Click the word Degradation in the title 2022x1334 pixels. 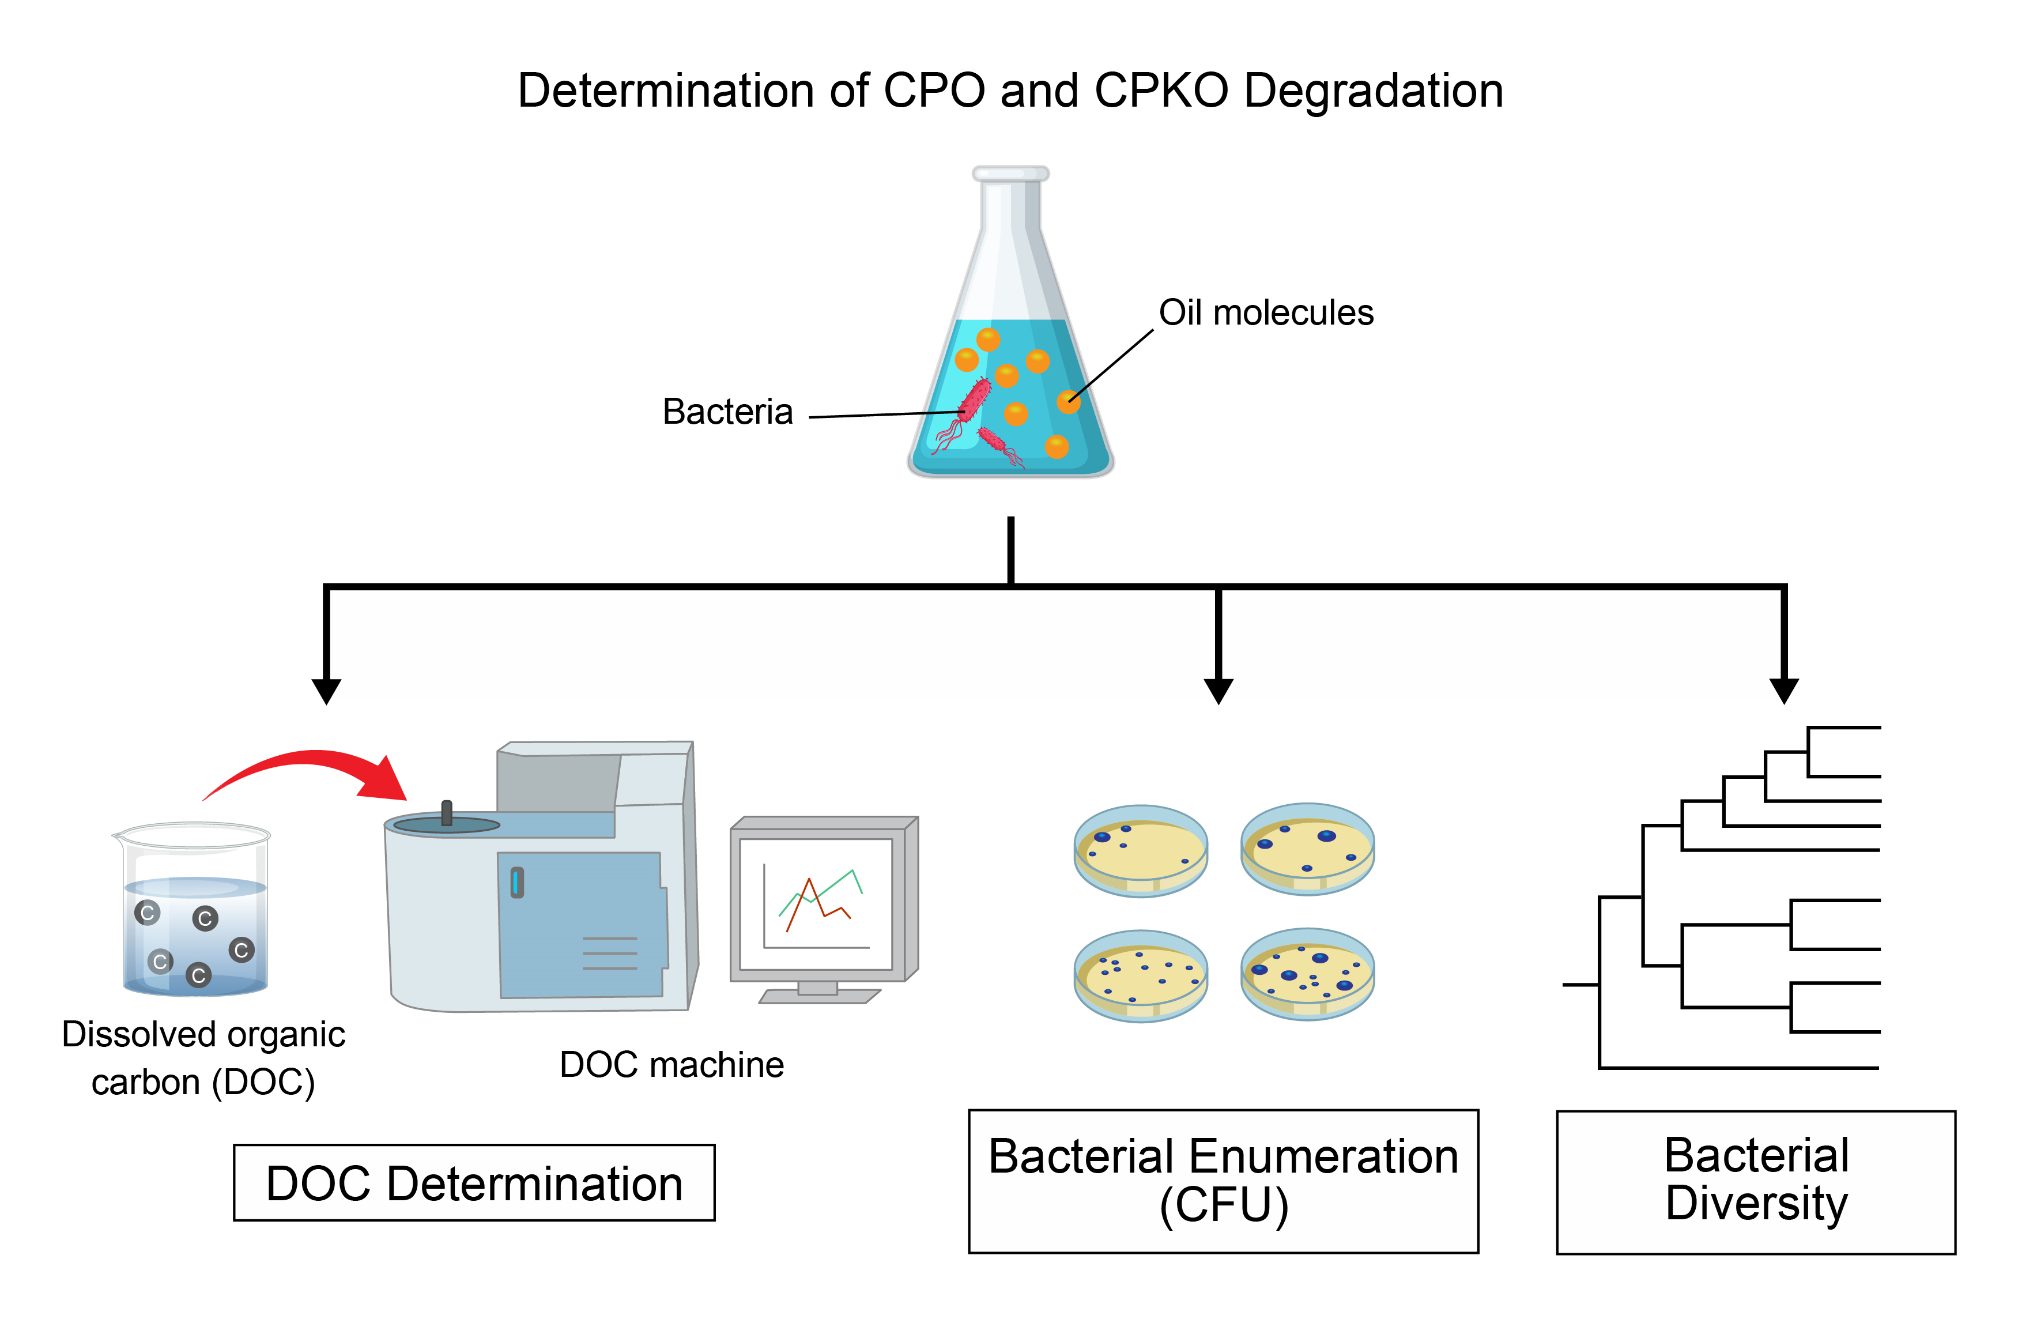1373,91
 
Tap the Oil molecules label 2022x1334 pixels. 1266,313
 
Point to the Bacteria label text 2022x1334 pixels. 727,412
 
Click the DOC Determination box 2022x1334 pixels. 474,1182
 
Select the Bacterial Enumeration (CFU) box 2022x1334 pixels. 1223,1180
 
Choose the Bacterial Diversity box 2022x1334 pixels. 1755,1181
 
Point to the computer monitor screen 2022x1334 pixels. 816,903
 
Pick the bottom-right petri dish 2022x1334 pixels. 1307,974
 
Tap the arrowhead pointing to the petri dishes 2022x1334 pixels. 1218,691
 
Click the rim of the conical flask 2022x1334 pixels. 1010,174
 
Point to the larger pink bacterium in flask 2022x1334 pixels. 974,401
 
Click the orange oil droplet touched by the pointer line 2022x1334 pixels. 1069,402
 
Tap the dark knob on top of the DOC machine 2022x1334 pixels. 447,812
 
